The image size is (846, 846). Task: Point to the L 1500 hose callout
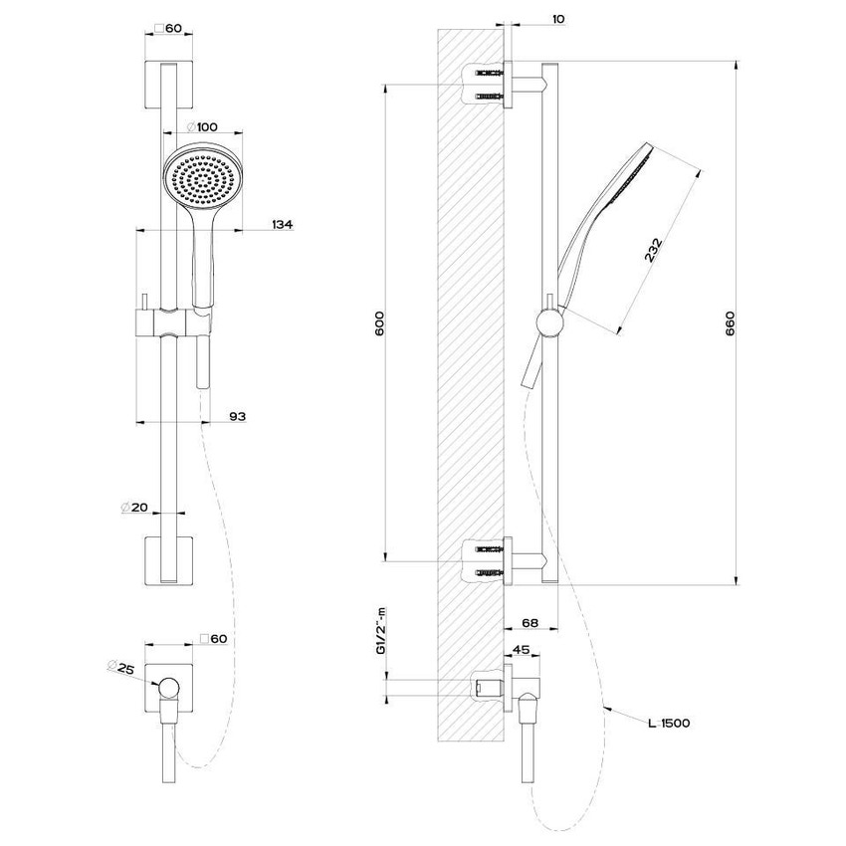click(668, 724)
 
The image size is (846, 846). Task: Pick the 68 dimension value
click(529, 624)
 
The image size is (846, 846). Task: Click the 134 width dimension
click(282, 226)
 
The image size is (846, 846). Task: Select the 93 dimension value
click(237, 416)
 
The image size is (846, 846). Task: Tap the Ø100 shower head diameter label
click(202, 127)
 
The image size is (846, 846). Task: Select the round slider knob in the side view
click(546, 320)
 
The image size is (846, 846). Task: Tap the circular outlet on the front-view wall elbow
click(170, 688)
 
